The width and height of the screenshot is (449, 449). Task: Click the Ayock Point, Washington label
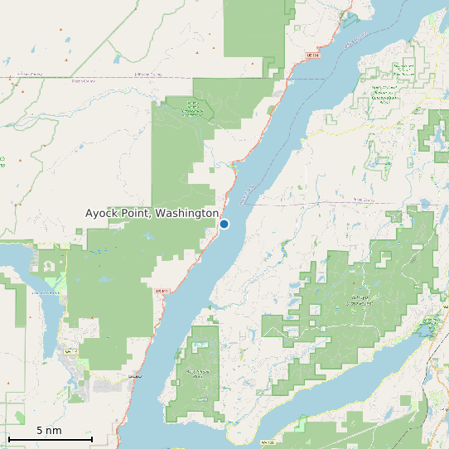152,214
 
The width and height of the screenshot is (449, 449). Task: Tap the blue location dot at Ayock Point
224,224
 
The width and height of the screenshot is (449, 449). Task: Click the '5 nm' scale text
49,431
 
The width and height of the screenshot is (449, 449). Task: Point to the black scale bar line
50,438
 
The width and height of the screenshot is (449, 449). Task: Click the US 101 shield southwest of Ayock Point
162,291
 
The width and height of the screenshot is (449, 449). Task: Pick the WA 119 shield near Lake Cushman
70,351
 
